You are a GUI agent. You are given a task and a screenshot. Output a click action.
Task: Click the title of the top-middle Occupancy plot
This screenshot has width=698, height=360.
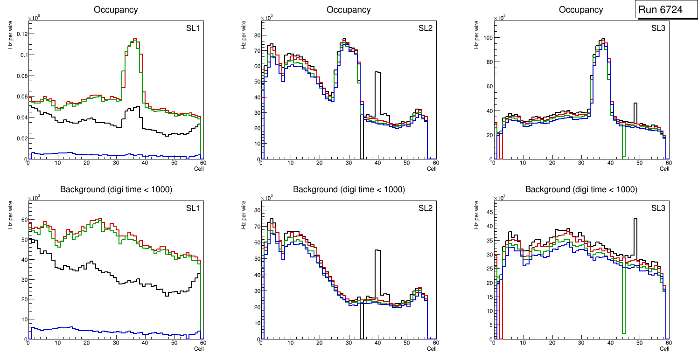(x=349, y=10)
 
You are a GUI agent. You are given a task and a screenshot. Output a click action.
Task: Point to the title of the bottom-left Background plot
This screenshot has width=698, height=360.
(x=116, y=189)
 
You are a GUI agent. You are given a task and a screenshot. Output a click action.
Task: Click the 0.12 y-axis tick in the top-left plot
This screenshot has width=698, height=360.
(x=21, y=34)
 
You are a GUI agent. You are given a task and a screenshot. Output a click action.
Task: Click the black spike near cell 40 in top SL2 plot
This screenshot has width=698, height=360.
(x=378, y=73)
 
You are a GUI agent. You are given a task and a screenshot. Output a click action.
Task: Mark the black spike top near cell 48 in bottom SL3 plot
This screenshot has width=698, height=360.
(x=635, y=219)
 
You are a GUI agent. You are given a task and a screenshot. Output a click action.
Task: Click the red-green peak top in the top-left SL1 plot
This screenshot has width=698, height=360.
(x=134, y=39)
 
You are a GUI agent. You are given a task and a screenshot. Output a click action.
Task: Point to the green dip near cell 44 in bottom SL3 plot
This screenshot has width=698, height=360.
(x=623, y=332)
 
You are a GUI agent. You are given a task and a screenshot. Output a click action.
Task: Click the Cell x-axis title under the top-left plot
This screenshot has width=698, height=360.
(x=199, y=169)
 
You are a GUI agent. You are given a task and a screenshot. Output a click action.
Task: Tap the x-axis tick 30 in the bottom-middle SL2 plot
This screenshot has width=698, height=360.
(x=349, y=343)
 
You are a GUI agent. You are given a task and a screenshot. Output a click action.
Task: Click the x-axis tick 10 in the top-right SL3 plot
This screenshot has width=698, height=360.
(x=523, y=163)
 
